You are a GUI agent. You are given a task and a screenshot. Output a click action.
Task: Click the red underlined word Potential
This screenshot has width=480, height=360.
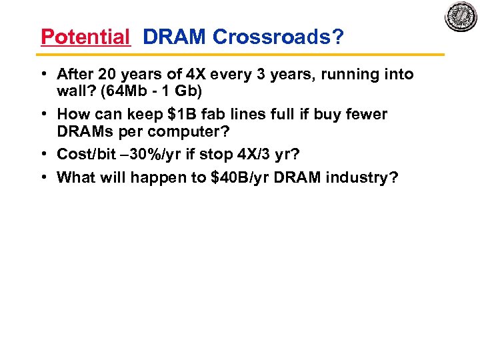click(85, 37)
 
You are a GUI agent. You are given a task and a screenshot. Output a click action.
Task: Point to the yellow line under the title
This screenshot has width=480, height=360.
click(240, 54)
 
